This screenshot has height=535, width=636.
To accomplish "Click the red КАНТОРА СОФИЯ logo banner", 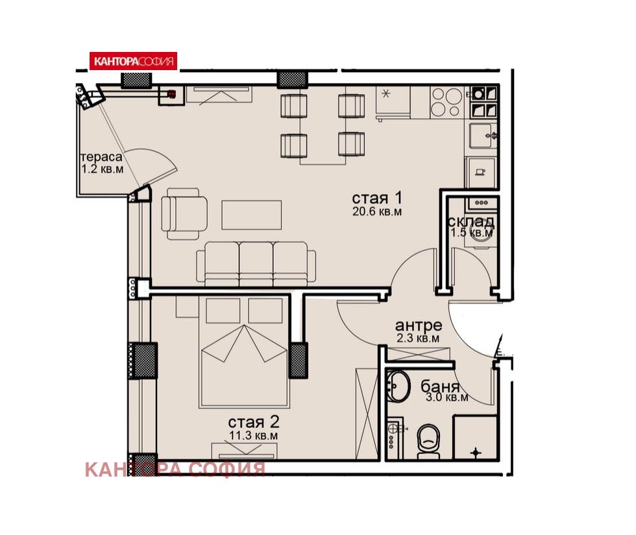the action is pos(133,61).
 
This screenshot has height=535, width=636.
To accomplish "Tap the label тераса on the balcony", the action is pos(101,156).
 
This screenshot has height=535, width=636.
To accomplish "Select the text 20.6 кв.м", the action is pos(377,212).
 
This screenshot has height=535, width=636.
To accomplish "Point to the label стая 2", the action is pos(254,422).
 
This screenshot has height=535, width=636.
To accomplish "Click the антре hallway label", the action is pos(418,325).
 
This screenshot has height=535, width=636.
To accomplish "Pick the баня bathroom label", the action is pos(440,387).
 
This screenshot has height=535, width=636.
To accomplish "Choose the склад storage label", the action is pos(471,221).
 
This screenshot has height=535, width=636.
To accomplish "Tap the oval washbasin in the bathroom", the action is pos(398,386).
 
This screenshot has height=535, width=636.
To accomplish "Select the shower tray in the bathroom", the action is pos(475,437).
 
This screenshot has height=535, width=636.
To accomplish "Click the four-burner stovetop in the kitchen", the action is pos(446,102).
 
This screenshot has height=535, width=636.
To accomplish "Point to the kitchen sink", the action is pos(483,136).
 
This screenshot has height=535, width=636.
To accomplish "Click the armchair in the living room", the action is pos(184,214).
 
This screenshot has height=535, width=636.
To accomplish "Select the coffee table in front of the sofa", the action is pos(252,215).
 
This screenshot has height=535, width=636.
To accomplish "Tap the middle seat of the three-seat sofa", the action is pos(256,264).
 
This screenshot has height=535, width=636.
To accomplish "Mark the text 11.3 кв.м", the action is pos(254,436).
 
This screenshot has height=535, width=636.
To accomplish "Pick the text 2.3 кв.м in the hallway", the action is pos(418,338).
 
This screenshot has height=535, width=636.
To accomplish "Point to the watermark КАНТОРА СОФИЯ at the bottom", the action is pos(175,469).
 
